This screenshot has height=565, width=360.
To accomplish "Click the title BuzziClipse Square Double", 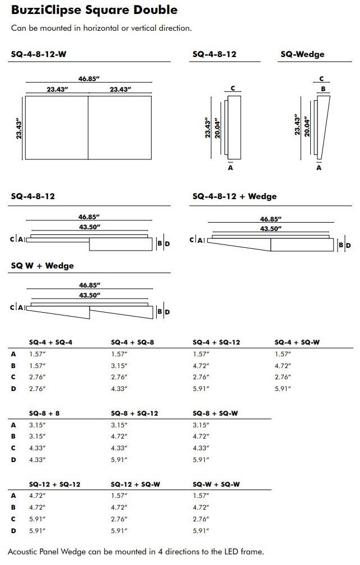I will (94, 10).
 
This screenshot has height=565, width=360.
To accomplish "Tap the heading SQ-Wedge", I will (302, 54).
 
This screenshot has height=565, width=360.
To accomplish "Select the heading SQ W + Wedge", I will (42, 265).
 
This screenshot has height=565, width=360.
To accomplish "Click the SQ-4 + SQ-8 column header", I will (132, 342).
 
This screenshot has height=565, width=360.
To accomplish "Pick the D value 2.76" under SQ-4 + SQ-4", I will (37, 388).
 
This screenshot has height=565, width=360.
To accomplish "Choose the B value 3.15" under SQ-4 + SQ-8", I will (119, 365).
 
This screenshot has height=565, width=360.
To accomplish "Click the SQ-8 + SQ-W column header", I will (216, 413).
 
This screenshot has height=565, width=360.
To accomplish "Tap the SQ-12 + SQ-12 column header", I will (55, 484).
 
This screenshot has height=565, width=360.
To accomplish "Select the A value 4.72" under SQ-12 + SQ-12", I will (37, 496).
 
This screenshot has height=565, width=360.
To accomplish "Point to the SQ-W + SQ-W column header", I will (216, 484).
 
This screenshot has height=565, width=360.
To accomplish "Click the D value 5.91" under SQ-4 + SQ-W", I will (283, 388).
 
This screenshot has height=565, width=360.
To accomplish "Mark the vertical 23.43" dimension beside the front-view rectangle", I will (18, 128).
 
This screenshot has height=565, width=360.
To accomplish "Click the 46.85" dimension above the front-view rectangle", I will (88, 79).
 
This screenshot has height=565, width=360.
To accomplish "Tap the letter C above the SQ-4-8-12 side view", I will (232, 88).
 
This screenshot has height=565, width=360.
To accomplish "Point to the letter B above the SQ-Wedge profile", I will (323, 88).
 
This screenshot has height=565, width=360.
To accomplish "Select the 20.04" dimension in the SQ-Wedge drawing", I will (307, 126).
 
